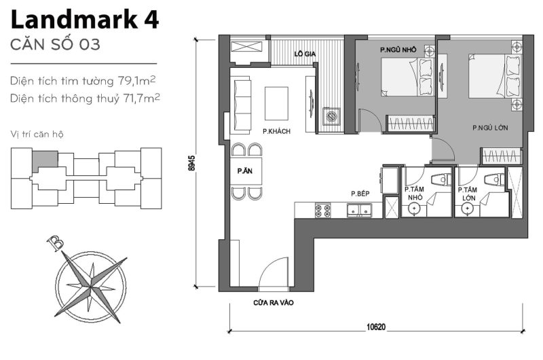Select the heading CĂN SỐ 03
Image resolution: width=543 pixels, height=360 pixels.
pyautogui.click(x=56, y=46)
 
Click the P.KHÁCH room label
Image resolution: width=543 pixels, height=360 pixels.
pyautogui.click(x=276, y=131)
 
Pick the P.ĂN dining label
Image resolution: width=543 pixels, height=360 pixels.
pyautogui.click(x=245, y=172)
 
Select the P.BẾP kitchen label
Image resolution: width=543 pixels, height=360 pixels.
pyautogui.click(x=359, y=194)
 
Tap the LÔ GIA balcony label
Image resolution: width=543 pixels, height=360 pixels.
pyautogui.click(x=303, y=52)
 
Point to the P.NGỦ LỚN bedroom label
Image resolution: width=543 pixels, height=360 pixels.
pyautogui.click(x=487, y=128)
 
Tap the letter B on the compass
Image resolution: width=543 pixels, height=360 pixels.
pyautogui.click(x=53, y=242)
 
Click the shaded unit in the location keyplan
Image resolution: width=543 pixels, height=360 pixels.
pyautogui.click(x=45, y=160)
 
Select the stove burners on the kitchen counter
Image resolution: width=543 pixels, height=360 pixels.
pyautogui.click(x=322, y=211)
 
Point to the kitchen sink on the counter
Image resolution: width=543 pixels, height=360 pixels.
pyautogui.click(x=358, y=211)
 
